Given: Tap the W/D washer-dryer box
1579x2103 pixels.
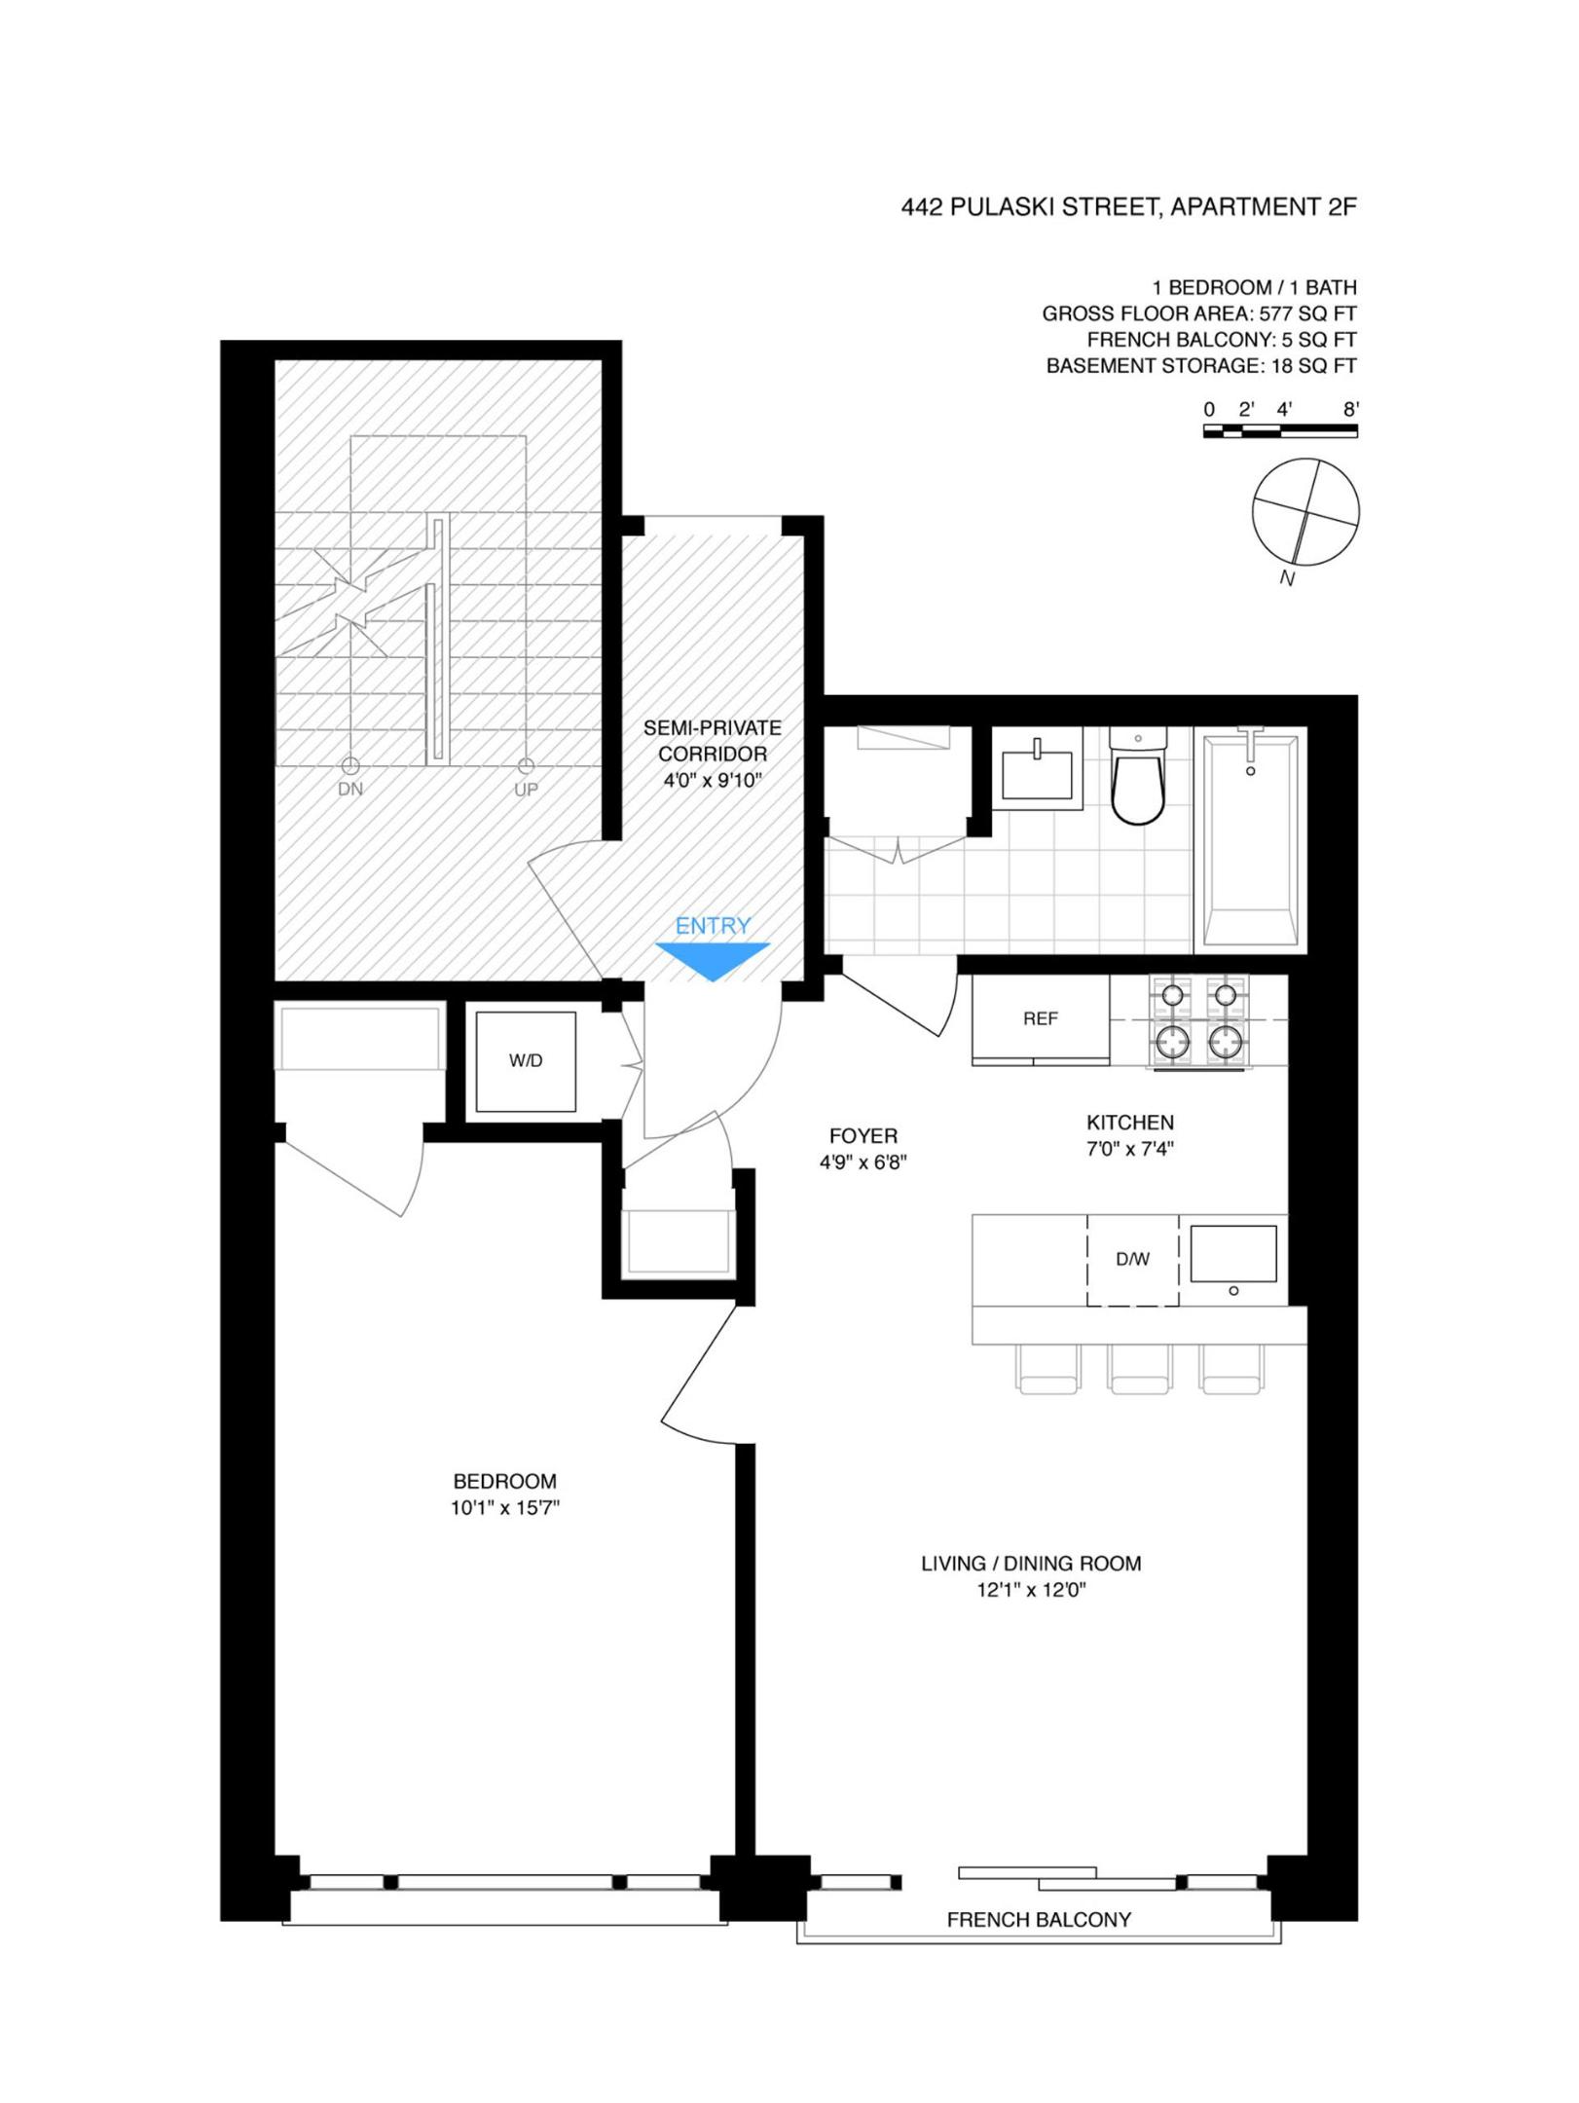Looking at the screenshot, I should pos(526,1062).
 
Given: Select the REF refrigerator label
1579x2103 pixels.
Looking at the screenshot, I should pos(1040,1019).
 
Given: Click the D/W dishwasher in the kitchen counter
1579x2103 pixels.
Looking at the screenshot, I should pos(1132,1260).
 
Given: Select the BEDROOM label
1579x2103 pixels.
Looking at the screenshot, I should pos(504,1482).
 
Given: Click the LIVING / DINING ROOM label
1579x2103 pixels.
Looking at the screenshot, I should pos(1031,1564).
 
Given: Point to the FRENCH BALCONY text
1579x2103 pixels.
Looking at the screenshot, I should pos(1039,1920).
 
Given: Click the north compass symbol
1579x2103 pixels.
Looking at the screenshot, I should pos(1305,512).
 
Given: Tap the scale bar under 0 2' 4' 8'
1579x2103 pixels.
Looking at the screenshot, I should pos(1280,431).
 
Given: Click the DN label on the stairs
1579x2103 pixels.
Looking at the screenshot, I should pos(350,790).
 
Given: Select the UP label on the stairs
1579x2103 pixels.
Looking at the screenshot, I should pos(526,790).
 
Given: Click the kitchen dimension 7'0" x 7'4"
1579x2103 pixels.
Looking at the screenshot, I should pos(1130,1149).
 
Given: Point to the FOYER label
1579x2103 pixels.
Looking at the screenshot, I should pos(863,1136).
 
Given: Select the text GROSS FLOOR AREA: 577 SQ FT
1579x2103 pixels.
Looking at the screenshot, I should pos(1198,314).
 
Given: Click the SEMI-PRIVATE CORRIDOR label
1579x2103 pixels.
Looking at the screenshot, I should pos(712,741).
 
